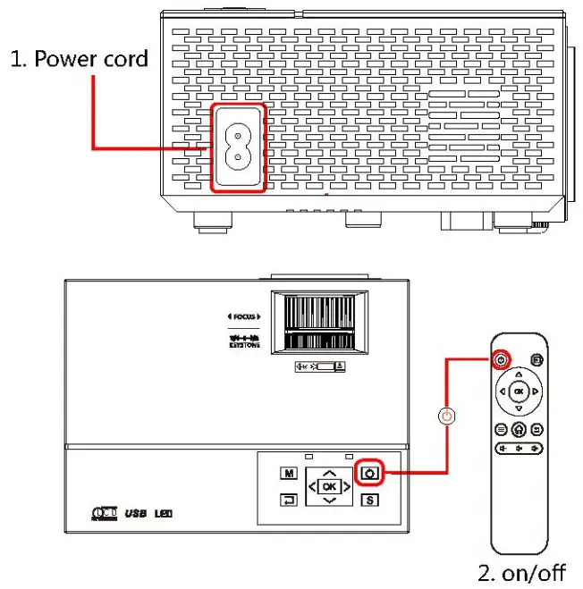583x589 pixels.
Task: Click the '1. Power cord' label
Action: [79, 59]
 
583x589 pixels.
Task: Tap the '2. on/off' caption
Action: [520, 572]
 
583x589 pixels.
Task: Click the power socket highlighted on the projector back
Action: [238, 147]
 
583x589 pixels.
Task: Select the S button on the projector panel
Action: [368, 499]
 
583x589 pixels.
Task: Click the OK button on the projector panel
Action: [330, 487]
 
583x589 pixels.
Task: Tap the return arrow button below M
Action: [289, 500]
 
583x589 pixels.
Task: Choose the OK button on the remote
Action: [519, 391]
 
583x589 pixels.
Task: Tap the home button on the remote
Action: [519, 429]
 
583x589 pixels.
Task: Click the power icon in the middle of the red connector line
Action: [447, 416]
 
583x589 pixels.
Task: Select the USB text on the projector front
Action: [135, 514]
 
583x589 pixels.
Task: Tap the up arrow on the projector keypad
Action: [330, 471]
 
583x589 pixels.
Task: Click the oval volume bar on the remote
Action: [519, 449]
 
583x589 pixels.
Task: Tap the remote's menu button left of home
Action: [502, 429]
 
